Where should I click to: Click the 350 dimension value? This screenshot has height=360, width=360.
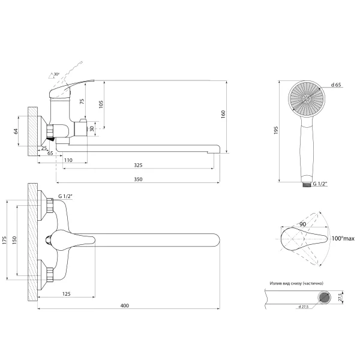click(x=138, y=179)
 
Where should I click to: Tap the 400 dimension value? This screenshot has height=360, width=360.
click(x=125, y=305)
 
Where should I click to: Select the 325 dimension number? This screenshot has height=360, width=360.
click(x=138, y=165)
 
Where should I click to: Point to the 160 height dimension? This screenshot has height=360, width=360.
click(x=223, y=115)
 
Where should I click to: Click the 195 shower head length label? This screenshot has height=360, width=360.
click(x=276, y=130)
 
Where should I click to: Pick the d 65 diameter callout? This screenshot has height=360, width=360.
click(x=336, y=85)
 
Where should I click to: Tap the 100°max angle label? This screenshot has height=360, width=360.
click(x=343, y=239)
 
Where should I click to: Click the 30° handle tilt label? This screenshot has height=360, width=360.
click(x=56, y=74)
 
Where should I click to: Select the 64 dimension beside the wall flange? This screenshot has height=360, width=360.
click(x=16, y=131)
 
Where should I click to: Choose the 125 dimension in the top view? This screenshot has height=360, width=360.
click(x=67, y=294)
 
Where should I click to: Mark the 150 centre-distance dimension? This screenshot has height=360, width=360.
click(x=14, y=240)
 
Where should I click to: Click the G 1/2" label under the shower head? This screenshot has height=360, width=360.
click(x=320, y=184)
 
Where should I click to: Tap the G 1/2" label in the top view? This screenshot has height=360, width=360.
click(x=65, y=196)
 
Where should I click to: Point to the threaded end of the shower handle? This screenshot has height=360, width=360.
click(x=307, y=184)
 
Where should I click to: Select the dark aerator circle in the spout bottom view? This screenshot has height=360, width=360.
click(x=325, y=298)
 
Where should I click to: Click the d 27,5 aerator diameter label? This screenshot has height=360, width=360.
click(x=304, y=307)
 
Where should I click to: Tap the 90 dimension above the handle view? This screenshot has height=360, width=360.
click(x=303, y=224)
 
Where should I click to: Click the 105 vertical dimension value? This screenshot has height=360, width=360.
click(x=101, y=104)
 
